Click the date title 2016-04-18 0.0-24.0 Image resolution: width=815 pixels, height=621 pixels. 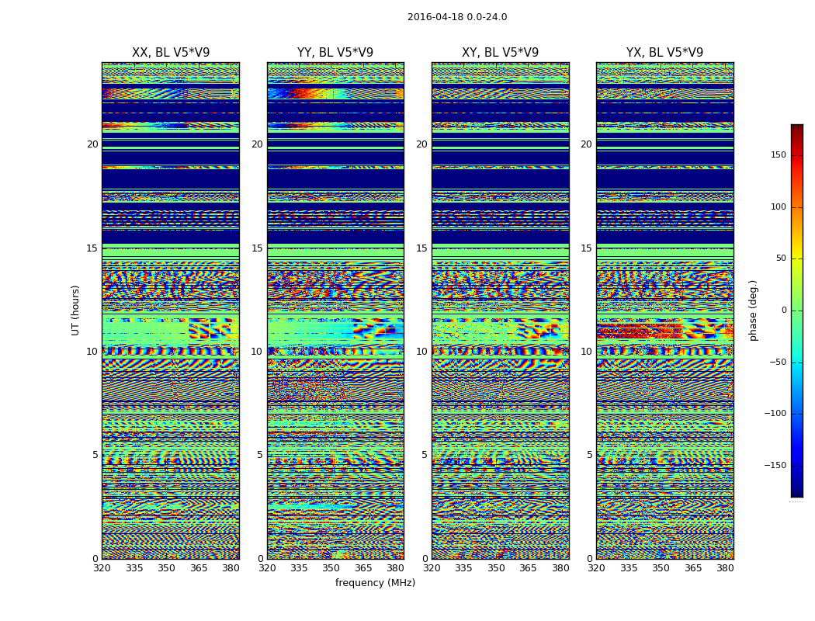[457, 17]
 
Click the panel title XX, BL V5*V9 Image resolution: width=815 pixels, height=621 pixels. [171, 53]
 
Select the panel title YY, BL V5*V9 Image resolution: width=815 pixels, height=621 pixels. [335, 53]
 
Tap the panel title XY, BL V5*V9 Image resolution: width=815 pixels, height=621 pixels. [500, 53]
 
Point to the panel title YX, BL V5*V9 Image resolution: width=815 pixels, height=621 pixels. [664, 53]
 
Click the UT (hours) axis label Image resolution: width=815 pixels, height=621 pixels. [76, 310]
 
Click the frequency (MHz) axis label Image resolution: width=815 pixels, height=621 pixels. [375, 583]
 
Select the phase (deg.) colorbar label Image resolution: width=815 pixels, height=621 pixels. [754, 310]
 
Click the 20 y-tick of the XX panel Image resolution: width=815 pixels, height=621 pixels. [92, 144]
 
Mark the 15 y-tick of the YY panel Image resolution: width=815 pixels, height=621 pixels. [257, 248]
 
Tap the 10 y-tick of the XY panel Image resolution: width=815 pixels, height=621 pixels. [421, 352]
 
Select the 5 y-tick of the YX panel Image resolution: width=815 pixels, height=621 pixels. [589, 455]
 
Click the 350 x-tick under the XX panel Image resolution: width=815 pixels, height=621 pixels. [166, 568]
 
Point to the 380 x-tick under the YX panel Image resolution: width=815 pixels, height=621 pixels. [725, 568]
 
